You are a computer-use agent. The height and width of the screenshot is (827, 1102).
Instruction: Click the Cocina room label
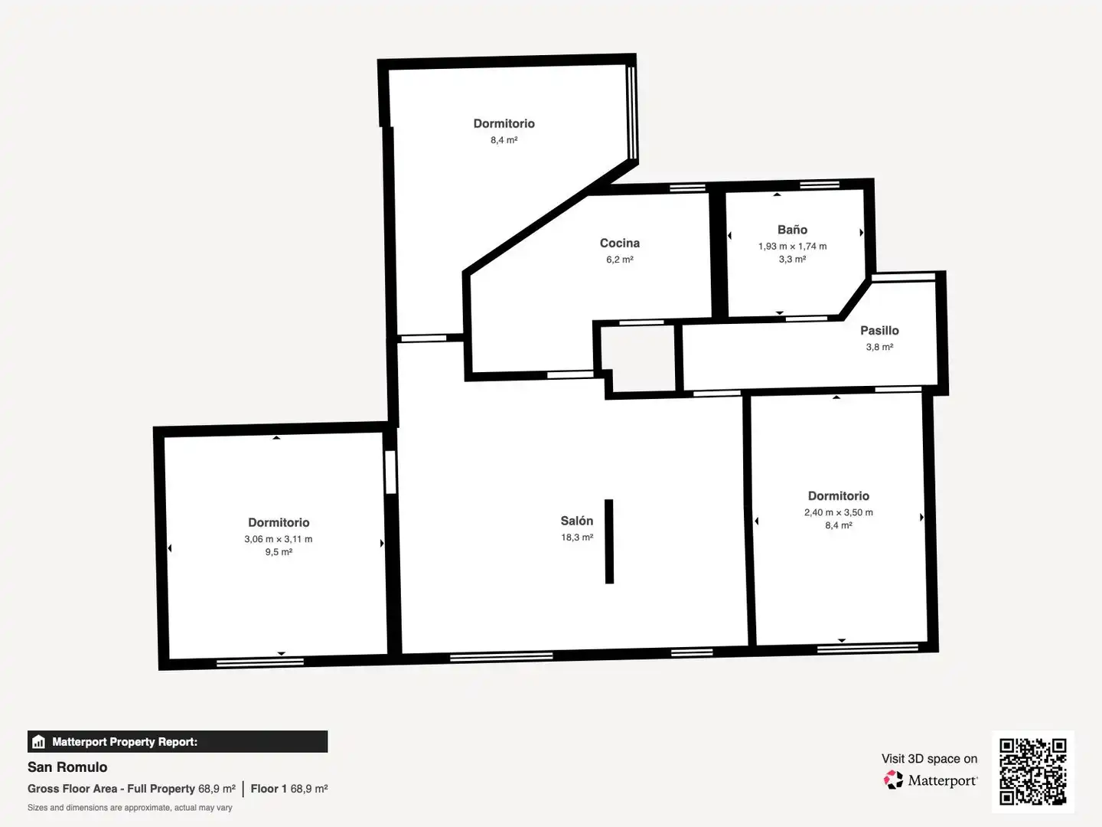pos(620,243)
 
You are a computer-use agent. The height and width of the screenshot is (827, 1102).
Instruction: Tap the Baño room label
pos(792,230)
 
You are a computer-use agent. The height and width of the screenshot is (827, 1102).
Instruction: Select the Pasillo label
pos(879,330)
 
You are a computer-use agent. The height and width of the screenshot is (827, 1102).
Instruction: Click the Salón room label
pos(577,521)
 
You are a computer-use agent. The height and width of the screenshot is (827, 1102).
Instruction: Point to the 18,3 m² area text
pos(577,538)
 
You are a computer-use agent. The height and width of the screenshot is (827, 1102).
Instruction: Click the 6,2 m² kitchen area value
pos(620,260)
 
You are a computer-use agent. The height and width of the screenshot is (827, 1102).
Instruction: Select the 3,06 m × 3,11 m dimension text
pos(278,539)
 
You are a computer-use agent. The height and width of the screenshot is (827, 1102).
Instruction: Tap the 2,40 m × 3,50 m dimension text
pos(839,512)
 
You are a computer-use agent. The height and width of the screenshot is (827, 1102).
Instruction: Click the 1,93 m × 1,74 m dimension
pos(792,246)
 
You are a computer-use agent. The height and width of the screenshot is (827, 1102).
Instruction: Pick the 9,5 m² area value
pos(279,552)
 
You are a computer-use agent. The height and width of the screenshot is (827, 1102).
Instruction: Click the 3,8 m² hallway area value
pos(879,347)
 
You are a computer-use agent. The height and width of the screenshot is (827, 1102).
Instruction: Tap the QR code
pos(1032,771)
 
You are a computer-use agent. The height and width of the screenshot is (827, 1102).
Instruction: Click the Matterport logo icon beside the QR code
pos(893,780)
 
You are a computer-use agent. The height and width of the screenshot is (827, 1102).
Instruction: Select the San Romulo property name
pos(67,767)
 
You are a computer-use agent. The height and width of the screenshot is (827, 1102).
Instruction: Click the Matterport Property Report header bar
pos(178,742)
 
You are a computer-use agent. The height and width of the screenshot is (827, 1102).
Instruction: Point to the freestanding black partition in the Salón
pos(609,541)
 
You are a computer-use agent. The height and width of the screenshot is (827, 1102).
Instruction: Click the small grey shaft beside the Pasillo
pos(638,358)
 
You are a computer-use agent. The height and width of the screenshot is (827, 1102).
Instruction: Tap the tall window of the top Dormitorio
pos(631,113)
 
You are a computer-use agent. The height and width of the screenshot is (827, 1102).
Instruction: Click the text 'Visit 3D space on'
pos(929,758)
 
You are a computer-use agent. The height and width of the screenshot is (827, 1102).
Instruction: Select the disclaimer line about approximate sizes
pos(129,807)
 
